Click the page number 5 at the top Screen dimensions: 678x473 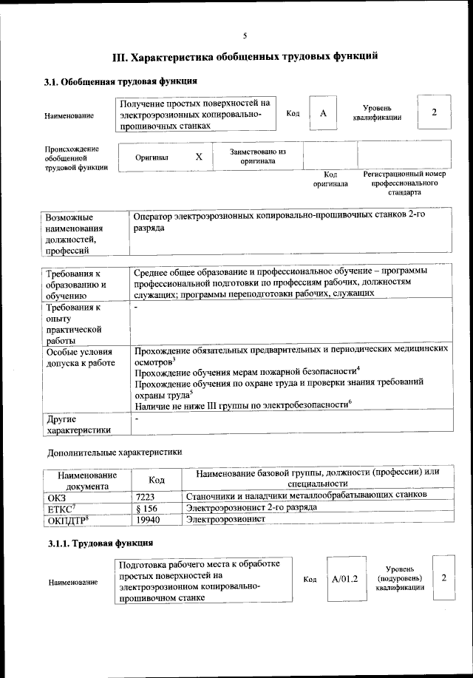(245, 35)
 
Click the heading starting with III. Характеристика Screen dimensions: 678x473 (245, 55)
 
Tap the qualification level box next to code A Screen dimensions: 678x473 (435, 112)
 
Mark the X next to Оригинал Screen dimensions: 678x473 (199, 157)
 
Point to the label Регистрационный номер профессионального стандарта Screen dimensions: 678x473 (404, 183)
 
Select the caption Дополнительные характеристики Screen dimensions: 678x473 (114, 451)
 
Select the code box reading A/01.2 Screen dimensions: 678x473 (344, 578)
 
